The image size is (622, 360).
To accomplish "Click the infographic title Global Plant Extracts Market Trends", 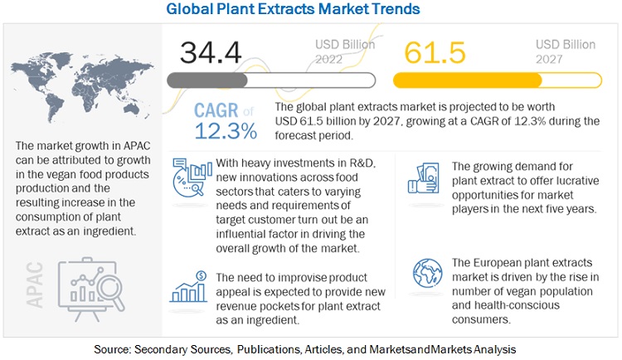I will pos(305,9).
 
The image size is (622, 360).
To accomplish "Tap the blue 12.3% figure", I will pos(226,132).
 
